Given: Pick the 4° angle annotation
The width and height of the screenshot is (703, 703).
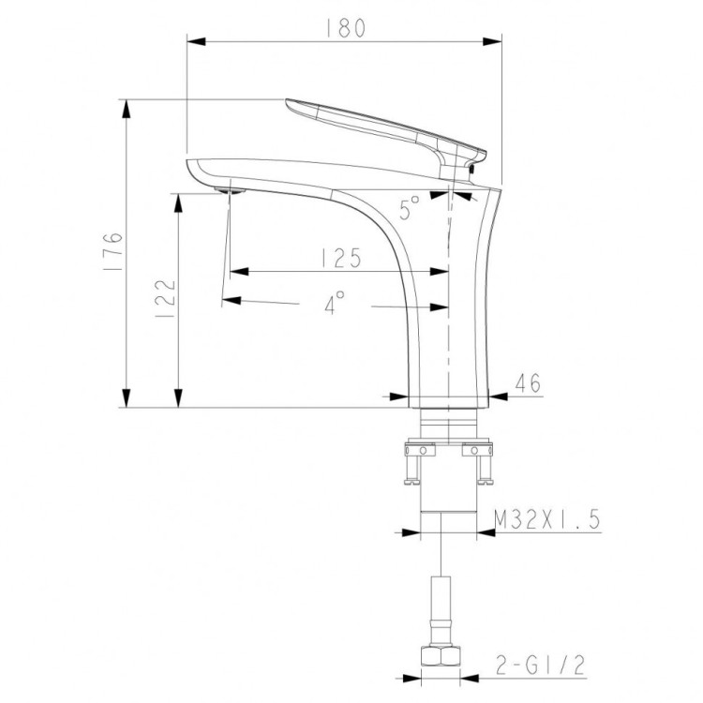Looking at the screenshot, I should click(335, 302).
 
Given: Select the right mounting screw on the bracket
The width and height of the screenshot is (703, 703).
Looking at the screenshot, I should click(485, 466).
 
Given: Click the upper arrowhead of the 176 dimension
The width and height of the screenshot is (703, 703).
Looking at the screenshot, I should click(126, 104).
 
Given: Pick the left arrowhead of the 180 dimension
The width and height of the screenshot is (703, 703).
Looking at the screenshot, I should click(197, 40).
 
